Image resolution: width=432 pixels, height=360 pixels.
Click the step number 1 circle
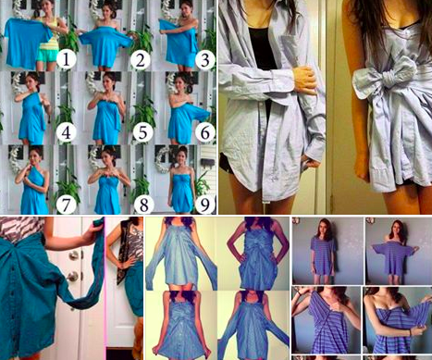point(66,60)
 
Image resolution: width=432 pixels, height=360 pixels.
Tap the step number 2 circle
point(141,60)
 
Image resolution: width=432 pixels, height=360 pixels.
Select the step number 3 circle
point(205,60)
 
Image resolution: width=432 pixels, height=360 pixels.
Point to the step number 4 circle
point(66,132)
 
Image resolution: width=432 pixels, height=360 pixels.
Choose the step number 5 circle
point(142,132)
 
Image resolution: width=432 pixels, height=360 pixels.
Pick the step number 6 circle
point(205,132)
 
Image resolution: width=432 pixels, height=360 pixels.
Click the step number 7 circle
point(66,205)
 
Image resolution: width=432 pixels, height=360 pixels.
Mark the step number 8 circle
point(143,205)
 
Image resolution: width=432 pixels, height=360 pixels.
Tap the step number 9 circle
point(205,205)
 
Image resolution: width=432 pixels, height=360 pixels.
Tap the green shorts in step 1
point(47,56)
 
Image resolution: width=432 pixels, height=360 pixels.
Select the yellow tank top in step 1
point(50,34)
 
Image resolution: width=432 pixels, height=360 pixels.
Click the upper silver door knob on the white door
point(74,255)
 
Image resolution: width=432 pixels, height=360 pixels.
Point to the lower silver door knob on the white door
point(73,277)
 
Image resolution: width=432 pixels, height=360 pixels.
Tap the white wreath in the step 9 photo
point(162,160)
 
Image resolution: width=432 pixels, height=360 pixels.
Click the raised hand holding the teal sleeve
point(93,230)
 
